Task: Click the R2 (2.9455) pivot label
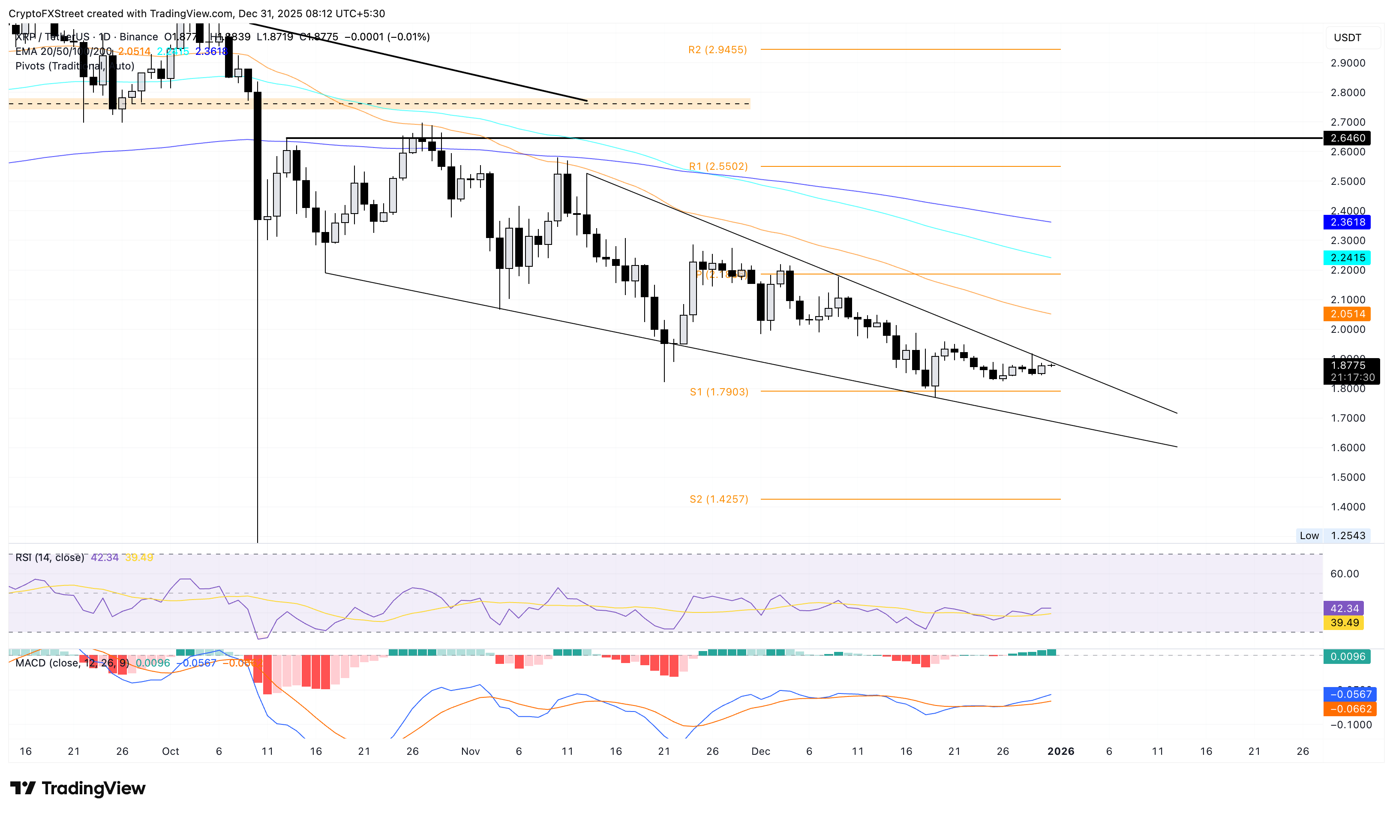tap(717, 50)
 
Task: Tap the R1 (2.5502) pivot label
tap(718, 166)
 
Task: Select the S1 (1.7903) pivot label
tap(719, 392)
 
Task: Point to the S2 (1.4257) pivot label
tap(719, 499)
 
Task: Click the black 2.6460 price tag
tap(1347, 138)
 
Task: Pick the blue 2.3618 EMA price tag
tap(1347, 222)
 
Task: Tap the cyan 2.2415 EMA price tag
tap(1347, 258)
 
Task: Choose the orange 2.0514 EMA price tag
tap(1347, 314)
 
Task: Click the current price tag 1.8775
tap(1347, 365)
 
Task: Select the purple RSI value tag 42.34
tap(1344, 608)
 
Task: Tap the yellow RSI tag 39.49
tap(1344, 623)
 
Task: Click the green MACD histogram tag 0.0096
tap(1347, 657)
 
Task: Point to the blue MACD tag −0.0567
tap(1347, 694)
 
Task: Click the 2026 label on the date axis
tap(1060, 751)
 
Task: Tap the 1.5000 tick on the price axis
tap(1347, 477)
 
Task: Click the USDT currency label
tap(1347, 38)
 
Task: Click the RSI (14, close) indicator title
tap(50, 558)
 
